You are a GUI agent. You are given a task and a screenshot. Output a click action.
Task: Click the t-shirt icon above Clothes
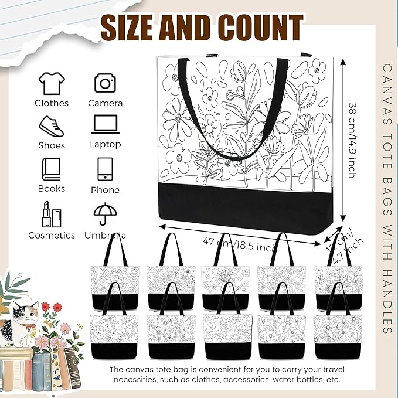tap(52, 83)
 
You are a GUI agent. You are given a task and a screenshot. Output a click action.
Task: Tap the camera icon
tap(106, 83)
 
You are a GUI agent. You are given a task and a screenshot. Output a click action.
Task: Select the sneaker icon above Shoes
tap(52, 126)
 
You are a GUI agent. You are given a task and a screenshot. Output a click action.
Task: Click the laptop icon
tap(106, 125)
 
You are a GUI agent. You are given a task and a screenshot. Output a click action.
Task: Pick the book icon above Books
tap(52, 169)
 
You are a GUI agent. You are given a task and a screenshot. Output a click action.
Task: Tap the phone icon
tap(106, 169)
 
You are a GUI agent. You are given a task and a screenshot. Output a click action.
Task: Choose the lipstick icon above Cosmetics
tap(52, 214)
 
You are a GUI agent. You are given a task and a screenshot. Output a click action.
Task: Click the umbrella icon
tap(106, 214)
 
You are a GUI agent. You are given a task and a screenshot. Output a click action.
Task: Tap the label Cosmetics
tap(52, 235)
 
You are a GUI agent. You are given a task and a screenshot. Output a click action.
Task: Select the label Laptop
tap(106, 144)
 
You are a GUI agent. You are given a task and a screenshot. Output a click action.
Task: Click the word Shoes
tap(52, 145)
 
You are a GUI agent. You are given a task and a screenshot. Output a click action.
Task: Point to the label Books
tap(52, 189)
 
